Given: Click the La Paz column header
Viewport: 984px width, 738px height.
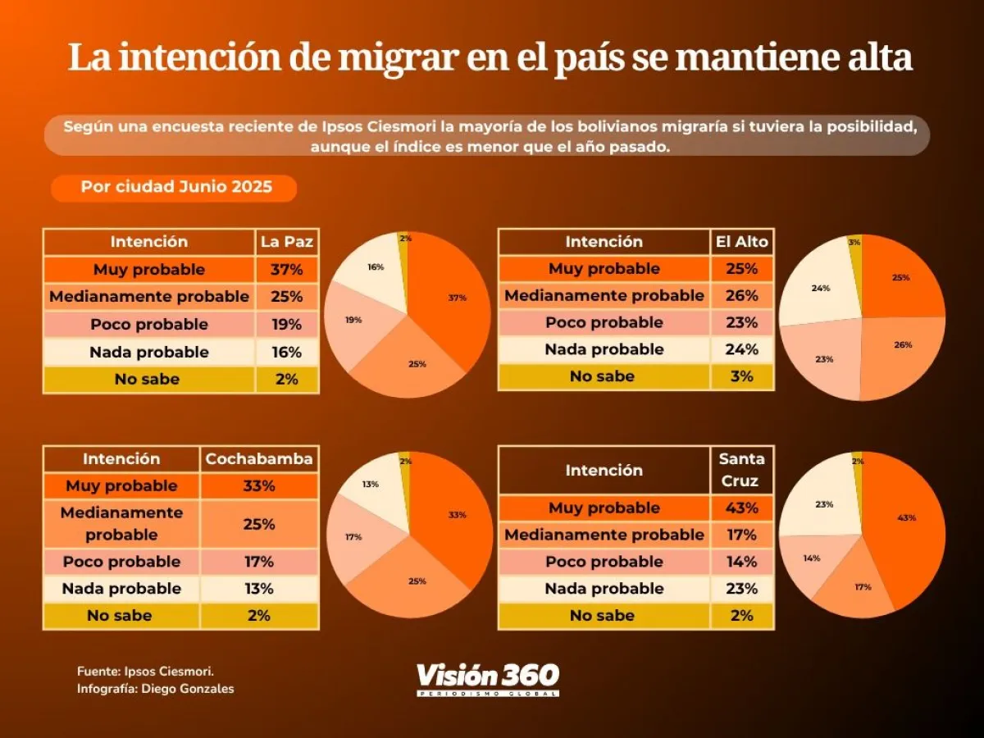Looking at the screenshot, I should coord(287,242).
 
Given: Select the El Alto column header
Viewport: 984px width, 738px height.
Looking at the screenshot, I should coord(740,242).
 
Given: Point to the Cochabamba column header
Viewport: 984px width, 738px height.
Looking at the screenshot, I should coord(259,459).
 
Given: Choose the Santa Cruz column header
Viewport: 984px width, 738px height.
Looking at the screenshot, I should coord(742,470).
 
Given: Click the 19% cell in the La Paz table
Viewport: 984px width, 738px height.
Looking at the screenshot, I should coord(287,325).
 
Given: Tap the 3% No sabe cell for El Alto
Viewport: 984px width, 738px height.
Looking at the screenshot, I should coord(742,376).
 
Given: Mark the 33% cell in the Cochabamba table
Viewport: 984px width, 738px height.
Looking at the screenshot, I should coord(259,485).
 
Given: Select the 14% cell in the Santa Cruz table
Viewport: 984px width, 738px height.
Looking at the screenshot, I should coord(742,562).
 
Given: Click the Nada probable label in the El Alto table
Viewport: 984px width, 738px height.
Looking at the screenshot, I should coord(604,349).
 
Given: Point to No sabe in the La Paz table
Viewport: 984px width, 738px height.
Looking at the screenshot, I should coord(148,380).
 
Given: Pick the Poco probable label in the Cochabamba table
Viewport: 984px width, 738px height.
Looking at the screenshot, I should coord(121,562).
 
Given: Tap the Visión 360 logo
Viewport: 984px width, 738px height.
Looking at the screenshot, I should coord(488,678).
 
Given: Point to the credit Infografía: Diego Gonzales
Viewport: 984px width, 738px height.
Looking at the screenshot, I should coord(155,689).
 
